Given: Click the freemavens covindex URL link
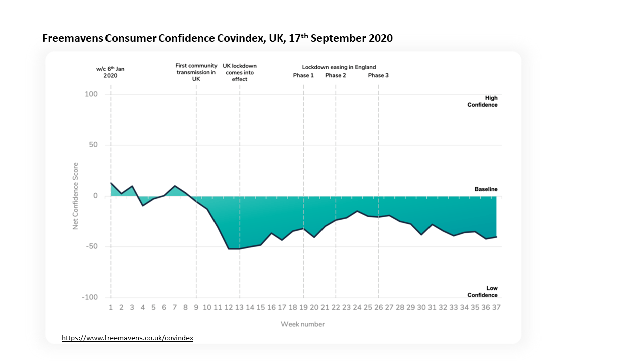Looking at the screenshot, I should point(128,338).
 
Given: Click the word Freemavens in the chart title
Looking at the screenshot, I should point(73,38).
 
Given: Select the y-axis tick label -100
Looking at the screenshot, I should point(89,297).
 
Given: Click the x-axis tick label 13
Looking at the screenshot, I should point(239,307).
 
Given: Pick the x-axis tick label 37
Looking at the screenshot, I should point(496,307).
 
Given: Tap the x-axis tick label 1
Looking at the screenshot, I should point(111,307).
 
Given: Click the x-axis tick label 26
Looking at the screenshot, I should point(378,307).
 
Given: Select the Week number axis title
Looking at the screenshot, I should point(303,324).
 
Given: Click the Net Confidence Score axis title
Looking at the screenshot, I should point(76,196).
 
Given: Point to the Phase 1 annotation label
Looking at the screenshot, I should point(303,76).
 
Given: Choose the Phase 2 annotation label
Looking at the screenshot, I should point(336,76).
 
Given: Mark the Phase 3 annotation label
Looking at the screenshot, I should point(378,76).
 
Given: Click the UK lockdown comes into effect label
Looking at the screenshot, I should point(240,72).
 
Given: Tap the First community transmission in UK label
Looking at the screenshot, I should point(196,72).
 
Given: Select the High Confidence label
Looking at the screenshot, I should point(483,101).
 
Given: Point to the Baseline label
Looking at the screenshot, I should point(486,189).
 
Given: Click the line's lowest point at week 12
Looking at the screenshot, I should point(229,249).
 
